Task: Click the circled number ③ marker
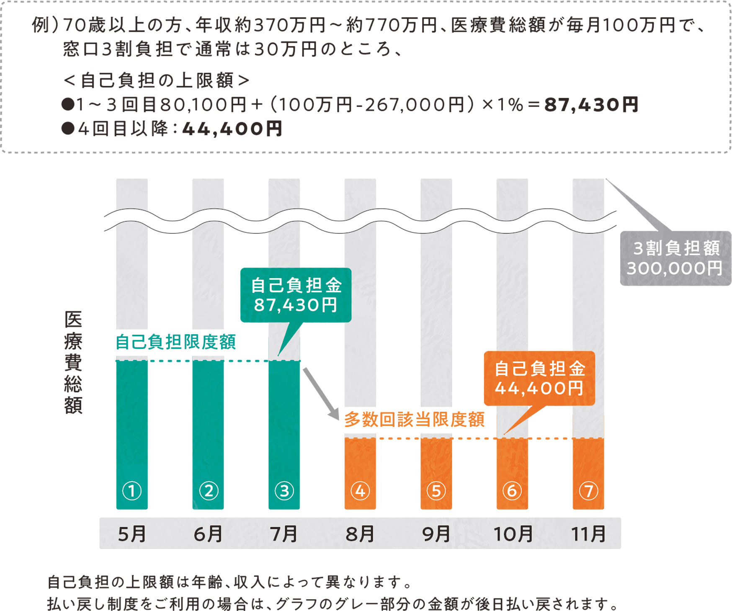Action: click(x=284, y=490)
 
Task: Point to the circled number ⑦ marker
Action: click(x=588, y=490)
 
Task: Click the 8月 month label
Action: click(x=360, y=534)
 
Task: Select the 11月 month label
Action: click(x=588, y=534)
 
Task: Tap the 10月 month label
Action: click(x=513, y=534)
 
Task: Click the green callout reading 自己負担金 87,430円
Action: click(x=296, y=295)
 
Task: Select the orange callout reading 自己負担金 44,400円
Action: click(x=539, y=378)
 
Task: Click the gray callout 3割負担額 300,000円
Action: click(x=675, y=258)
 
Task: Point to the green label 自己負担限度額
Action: click(x=175, y=342)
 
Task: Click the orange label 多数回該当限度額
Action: click(x=414, y=419)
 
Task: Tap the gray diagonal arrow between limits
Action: click(x=321, y=394)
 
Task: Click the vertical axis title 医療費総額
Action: click(x=73, y=362)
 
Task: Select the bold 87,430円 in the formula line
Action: click(x=591, y=105)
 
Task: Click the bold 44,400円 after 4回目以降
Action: click(x=232, y=129)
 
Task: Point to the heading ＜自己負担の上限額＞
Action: click(x=156, y=80)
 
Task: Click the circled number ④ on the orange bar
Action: click(x=360, y=490)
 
